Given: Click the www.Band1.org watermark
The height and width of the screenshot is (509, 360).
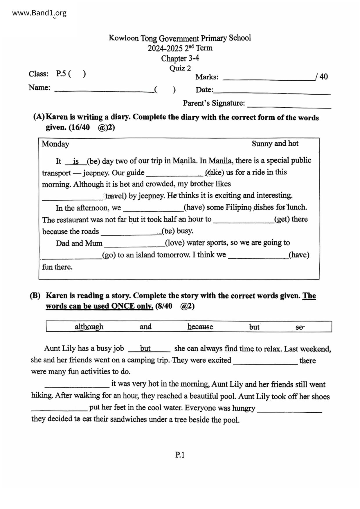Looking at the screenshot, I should (39, 13).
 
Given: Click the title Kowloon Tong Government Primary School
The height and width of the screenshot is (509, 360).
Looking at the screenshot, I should (180, 38).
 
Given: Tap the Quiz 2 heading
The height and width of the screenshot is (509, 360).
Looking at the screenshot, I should (180, 68).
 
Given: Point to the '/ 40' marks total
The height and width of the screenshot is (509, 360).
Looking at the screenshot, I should (322, 77).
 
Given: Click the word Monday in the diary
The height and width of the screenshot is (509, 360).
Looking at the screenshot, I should (55, 144).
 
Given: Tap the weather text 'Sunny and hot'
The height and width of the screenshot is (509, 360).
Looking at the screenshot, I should (275, 144).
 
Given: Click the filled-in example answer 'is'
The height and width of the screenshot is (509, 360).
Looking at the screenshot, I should (76, 161).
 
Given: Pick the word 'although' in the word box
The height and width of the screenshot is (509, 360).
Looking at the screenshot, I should (89, 327).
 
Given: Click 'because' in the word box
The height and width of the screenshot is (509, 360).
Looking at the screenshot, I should (200, 327).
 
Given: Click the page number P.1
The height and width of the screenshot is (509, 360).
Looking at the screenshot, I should (180, 455).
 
